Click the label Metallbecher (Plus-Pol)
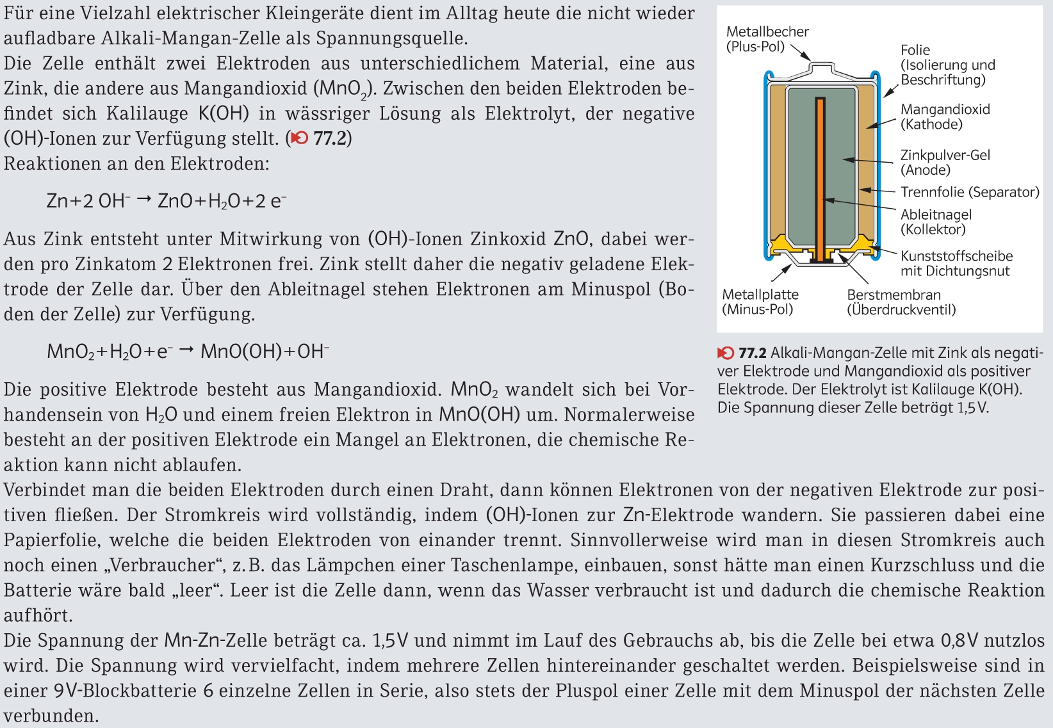tap(767, 39)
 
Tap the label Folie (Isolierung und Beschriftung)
tap(947, 65)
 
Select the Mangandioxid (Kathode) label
tap(945, 117)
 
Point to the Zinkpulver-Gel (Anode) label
tap(945, 162)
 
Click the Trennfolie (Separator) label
tap(970, 192)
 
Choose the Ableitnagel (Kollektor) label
tap(936, 222)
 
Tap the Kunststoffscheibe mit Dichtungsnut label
tap(956, 263)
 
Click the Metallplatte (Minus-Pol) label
tap(760, 302)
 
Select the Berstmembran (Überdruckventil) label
tap(901, 302)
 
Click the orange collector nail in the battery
tap(820, 179)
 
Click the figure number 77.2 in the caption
tap(753, 353)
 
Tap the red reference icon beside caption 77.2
tap(726, 353)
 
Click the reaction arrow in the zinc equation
tap(144, 200)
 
